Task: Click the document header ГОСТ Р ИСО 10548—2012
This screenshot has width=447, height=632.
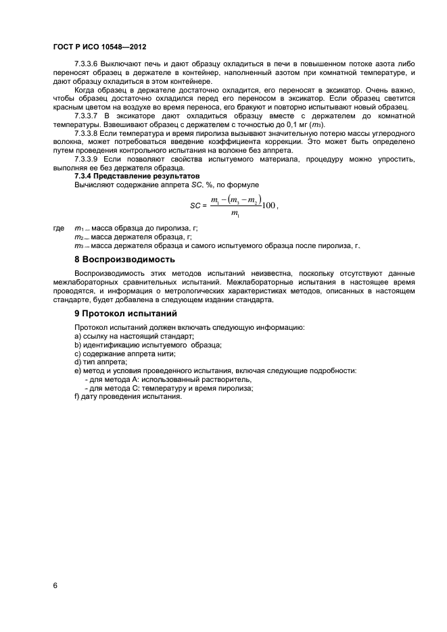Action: point(99,47)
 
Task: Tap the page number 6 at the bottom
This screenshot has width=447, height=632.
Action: point(55,585)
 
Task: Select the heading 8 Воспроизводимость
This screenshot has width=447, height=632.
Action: point(124,259)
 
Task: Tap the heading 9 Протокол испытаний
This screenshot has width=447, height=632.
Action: point(125,314)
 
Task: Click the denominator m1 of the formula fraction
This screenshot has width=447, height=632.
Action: point(234,215)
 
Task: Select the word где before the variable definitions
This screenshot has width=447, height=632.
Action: point(59,229)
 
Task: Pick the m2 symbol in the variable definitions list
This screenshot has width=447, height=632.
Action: point(78,237)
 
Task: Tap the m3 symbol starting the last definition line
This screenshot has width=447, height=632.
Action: point(78,246)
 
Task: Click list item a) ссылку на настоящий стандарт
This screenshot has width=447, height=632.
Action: point(134,336)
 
